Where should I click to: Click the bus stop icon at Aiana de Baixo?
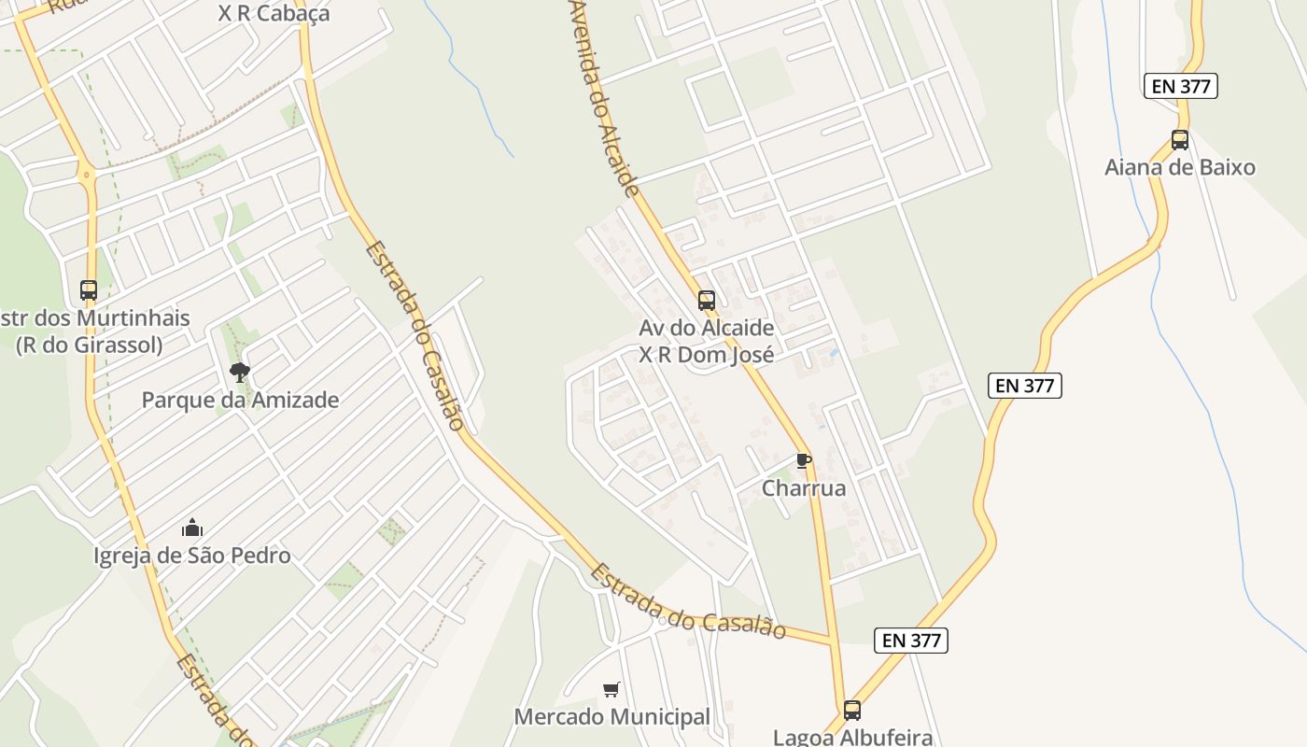(x=1180, y=140)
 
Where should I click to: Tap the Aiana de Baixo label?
(x=1180, y=168)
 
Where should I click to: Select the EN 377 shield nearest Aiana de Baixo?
(x=1181, y=87)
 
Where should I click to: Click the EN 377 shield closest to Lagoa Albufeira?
(x=911, y=640)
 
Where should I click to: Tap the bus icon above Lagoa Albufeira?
(x=852, y=710)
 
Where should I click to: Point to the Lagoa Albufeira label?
(x=852, y=737)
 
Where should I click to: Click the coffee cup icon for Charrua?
(x=803, y=460)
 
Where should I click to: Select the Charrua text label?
(x=804, y=488)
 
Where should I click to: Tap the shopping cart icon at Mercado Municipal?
(x=611, y=690)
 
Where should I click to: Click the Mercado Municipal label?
(x=612, y=717)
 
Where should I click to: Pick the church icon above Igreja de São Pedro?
(x=192, y=529)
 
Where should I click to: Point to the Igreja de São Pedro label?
(x=192, y=556)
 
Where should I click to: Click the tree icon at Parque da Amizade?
(x=240, y=373)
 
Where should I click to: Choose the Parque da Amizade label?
(x=240, y=401)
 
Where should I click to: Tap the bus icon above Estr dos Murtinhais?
(x=89, y=290)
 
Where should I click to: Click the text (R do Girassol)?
(x=90, y=345)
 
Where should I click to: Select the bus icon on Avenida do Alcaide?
(x=707, y=301)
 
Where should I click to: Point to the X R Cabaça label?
(x=274, y=14)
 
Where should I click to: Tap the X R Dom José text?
(x=707, y=355)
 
